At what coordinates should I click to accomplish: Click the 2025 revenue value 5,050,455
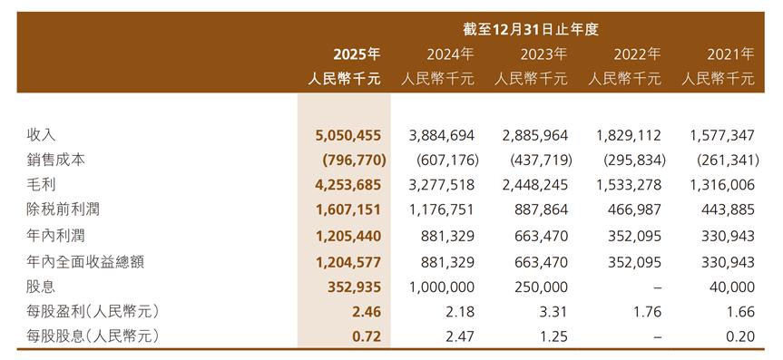348,135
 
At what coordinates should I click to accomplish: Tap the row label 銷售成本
55,160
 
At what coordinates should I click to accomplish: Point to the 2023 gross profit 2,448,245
534,185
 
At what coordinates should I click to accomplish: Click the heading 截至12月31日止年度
531,29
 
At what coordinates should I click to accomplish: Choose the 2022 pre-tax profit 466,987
635,210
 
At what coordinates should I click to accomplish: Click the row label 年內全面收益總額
85,262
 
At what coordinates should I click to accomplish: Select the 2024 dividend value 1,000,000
442,287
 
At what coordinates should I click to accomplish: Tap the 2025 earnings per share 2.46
367,313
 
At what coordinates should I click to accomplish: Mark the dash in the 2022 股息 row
657,287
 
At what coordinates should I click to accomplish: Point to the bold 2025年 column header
357,54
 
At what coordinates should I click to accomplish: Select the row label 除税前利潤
63,209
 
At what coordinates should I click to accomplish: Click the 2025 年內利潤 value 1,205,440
348,236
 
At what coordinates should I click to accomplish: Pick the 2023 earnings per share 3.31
553,313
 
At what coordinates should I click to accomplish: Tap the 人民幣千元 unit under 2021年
718,79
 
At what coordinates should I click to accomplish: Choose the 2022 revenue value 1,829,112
628,135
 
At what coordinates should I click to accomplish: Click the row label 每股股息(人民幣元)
93,337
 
